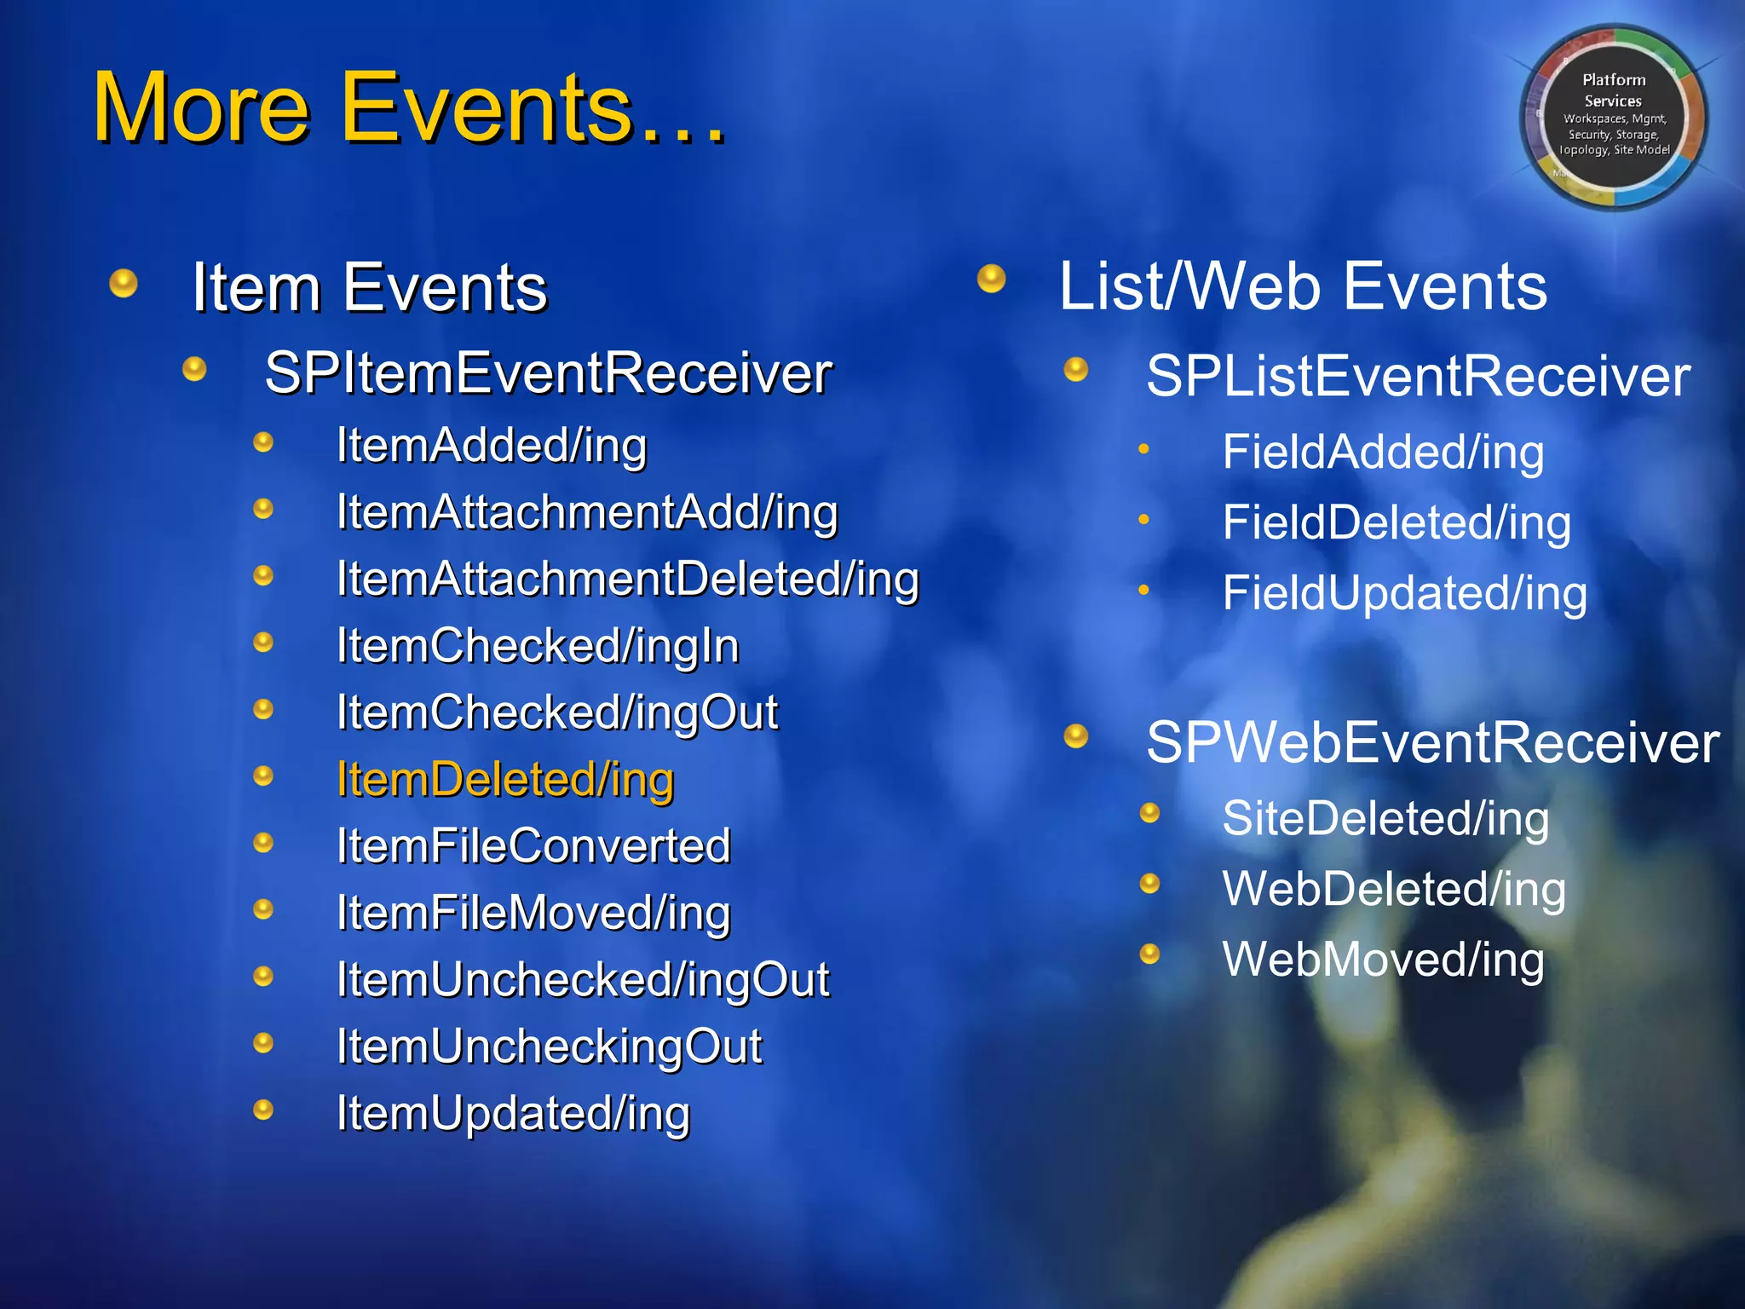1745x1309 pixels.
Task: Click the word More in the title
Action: pyautogui.click(x=200, y=109)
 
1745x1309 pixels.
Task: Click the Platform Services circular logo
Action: pyautogui.click(x=1613, y=117)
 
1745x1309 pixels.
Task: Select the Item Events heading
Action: pyautogui.click(x=369, y=288)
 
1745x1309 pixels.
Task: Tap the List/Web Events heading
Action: pyautogui.click(x=1302, y=286)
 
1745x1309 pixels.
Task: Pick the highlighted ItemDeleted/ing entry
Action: pyautogui.click(x=505, y=779)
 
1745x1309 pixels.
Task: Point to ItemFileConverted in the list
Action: pyautogui.click(x=533, y=845)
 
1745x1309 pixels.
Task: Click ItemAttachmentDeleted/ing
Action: pyautogui.click(x=627, y=579)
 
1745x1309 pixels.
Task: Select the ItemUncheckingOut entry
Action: pyautogui.click(x=549, y=1046)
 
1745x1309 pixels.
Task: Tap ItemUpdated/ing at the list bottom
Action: pyautogui.click(x=513, y=1113)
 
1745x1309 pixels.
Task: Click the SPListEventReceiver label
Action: pyautogui.click(x=1418, y=376)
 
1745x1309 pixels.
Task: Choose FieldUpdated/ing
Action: pyautogui.click(x=1404, y=593)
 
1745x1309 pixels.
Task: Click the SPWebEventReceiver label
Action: pyautogui.click(x=1431, y=742)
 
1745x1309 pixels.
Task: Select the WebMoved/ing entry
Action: pyautogui.click(x=1382, y=960)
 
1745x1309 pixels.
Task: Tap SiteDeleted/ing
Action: pyautogui.click(x=1385, y=818)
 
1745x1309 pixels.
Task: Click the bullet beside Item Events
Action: pyautogui.click(x=124, y=283)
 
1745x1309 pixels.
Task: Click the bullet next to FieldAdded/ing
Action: pyautogui.click(x=1143, y=449)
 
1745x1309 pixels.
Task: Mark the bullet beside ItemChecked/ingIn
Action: pyautogui.click(x=263, y=642)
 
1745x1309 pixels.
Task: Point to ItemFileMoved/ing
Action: pyautogui.click(x=533, y=913)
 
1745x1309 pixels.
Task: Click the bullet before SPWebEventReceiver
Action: pyautogui.click(x=1076, y=735)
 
